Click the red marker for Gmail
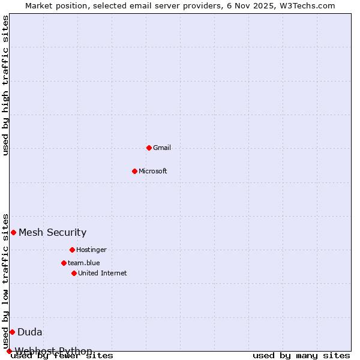[x=149, y=148]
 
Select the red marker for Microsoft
[x=134, y=171]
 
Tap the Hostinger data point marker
[x=72, y=250]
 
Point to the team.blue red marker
[x=64, y=263]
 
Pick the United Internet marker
[x=74, y=273]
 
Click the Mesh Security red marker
[x=13, y=232]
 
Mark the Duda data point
[x=12, y=332]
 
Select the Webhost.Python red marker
[x=9, y=351]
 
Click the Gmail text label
[x=162, y=148]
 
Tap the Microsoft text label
[x=152, y=171]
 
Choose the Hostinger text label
[x=91, y=250]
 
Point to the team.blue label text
[x=84, y=263]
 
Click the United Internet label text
[x=102, y=273]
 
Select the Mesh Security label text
[x=52, y=232]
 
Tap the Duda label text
[x=29, y=332]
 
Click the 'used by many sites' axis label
[x=301, y=355]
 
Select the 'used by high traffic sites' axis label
[x=6, y=85]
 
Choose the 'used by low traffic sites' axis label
[x=6, y=281]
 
